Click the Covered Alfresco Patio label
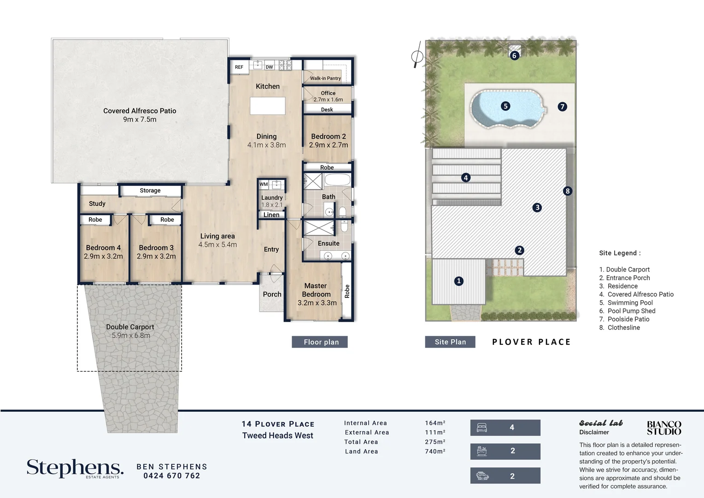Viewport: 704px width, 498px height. (x=140, y=111)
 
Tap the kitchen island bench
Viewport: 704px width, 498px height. (x=267, y=106)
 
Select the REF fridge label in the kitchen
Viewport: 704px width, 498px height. (x=239, y=67)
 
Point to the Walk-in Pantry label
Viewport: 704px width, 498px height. (x=325, y=78)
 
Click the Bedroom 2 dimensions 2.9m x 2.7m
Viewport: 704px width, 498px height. (x=328, y=145)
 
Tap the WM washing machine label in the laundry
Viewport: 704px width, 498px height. (x=264, y=184)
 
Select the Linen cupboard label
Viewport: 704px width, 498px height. (x=271, y=215)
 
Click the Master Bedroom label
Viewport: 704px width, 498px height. (x=316, y=290)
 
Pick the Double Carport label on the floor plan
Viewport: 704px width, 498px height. (x=130, y=327)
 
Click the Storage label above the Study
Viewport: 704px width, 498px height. (x=150, y=190)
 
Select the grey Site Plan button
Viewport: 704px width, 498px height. (x=450, y=342)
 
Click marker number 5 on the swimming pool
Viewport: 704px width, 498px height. (x=505, y=106)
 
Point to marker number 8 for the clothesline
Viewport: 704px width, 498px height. (x=568, y=191)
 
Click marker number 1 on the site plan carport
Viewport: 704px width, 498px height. (x=458, y=281)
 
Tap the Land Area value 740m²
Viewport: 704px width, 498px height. (x=435, y=451)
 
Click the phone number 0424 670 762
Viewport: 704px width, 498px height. (x=171, y=476)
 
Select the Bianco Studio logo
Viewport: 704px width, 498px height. (x=664, y=428)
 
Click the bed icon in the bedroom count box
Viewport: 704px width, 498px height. (x=482, y=427)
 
